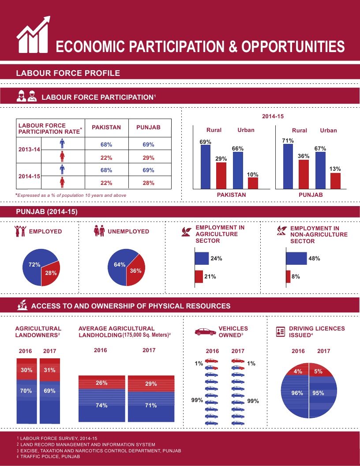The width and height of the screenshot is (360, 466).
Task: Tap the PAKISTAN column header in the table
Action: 106,127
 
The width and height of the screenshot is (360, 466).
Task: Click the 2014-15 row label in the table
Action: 30,176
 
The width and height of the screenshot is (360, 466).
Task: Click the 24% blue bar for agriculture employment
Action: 202,259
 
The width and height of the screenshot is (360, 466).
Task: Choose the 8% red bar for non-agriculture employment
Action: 288,277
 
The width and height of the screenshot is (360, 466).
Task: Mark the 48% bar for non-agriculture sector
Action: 296,259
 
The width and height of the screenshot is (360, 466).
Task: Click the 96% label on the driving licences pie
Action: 297,393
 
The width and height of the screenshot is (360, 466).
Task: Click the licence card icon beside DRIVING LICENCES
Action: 280,332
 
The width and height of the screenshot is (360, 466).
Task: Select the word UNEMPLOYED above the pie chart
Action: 128,231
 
